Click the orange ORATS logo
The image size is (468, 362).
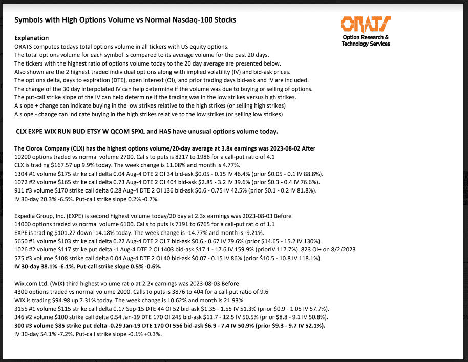point(365,24)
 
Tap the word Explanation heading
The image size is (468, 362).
point(32,38)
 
